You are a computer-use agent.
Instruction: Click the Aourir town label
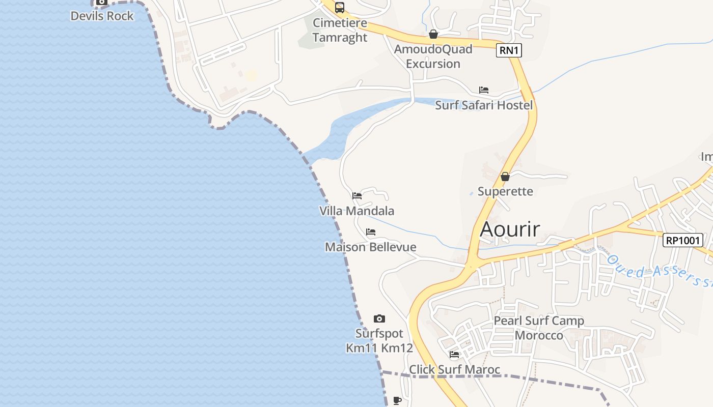point(510,229)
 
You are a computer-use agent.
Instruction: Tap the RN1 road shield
point(509,50)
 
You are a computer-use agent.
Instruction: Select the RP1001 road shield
point(682,240)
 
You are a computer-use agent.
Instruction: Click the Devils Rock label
point(102,16)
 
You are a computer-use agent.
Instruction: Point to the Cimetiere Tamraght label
point(340,30)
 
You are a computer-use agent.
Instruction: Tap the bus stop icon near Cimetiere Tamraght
point(340,8)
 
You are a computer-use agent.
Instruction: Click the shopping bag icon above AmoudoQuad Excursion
point(433,34)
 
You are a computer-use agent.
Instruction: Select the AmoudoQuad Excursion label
point(433,56)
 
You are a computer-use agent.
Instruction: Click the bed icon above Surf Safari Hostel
point(484,90)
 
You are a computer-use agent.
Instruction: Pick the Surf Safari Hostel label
point(484,105)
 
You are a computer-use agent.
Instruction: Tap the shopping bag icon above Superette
point(505,177)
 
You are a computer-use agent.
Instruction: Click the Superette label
point(505,191)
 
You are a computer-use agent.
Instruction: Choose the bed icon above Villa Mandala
point(357,195)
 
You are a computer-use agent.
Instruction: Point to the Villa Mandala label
point(356,211)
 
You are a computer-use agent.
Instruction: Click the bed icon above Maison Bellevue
point(371,232)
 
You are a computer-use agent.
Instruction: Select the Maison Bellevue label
point(371,247)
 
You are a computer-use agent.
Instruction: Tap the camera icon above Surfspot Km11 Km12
point(379,319)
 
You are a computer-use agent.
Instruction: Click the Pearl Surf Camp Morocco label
point(539,328)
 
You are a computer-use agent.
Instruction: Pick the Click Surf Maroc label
point(455,369)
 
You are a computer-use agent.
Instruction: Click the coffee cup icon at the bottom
point(397,400)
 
